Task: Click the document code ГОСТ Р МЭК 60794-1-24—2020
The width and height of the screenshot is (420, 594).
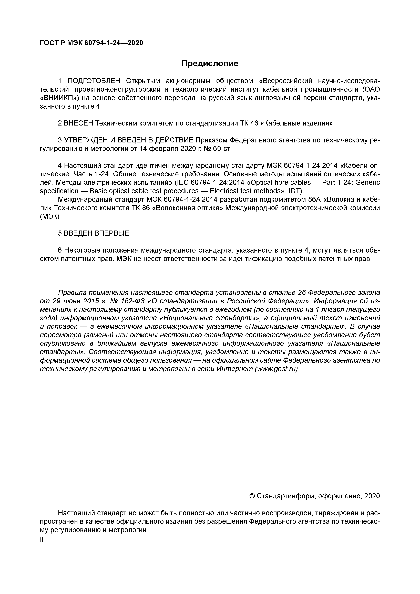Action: pyautogui.click(x=91, y=43)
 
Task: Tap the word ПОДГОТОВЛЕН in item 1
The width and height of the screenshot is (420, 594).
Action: pyautogui.click(x=94, y=81)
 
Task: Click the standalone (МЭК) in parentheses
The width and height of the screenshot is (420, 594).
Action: pyautogui.click(x=50, y=216)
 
